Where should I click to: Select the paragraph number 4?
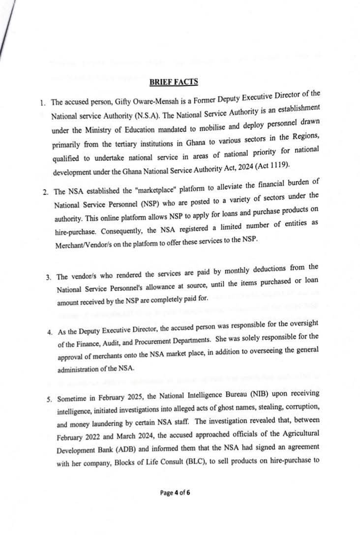point(50,332)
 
